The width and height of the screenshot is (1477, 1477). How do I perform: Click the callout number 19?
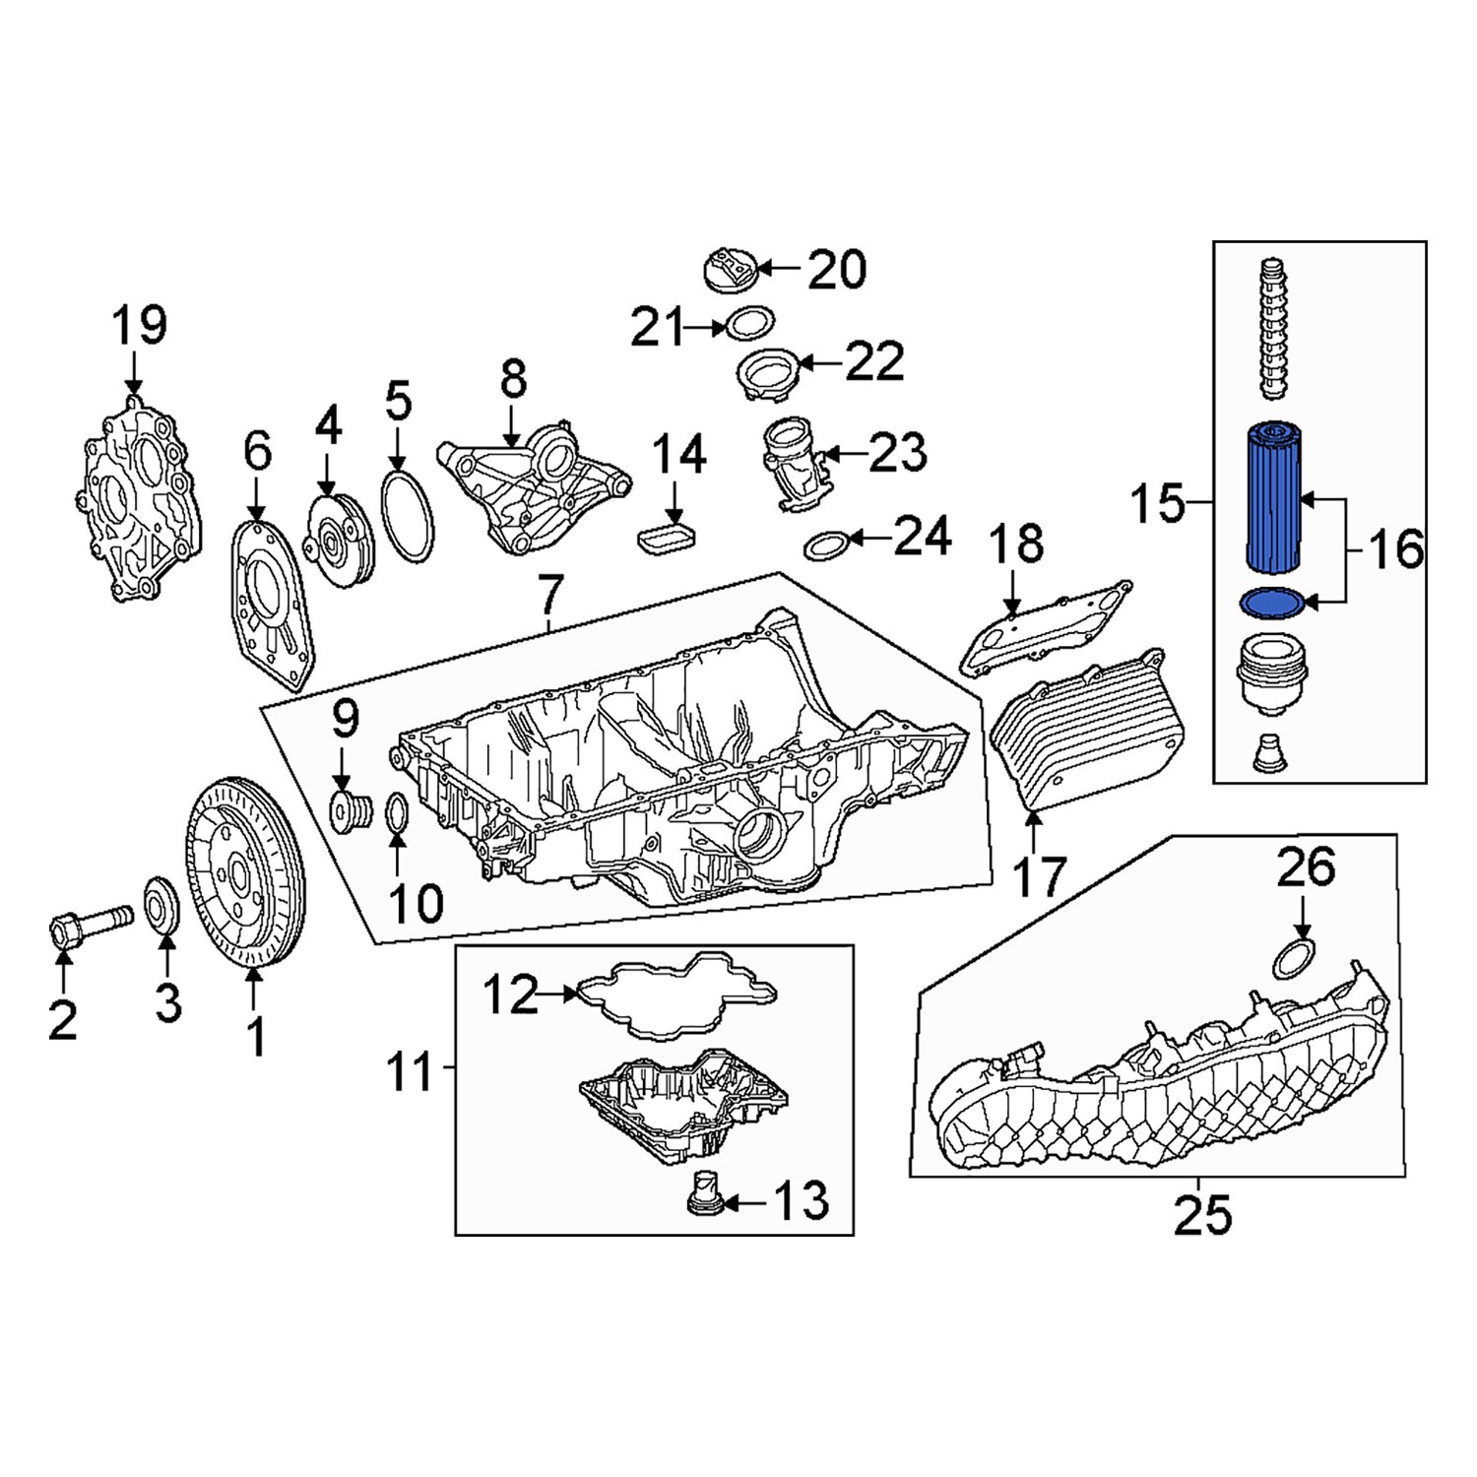[139, 326]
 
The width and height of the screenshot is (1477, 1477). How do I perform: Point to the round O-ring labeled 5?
[407, 517]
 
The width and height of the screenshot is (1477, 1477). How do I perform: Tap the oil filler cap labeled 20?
[730, 270]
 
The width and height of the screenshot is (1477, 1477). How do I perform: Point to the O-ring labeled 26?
[1294, 958]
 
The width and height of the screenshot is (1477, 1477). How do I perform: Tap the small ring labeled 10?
[396, 814]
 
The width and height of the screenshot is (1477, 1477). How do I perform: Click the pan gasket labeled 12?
[675, 995]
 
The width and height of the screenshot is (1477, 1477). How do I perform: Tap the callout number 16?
[1395, 548]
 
